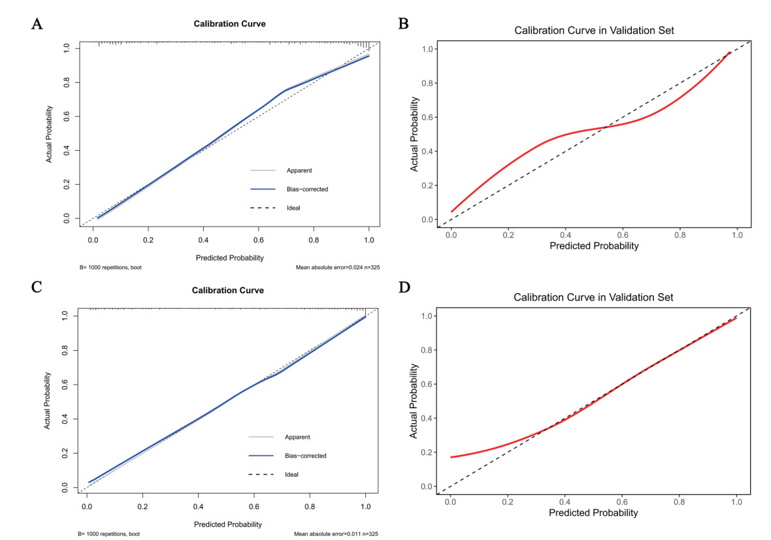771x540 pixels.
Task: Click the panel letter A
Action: click(38, 25)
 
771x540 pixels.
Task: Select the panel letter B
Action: click(404, 25)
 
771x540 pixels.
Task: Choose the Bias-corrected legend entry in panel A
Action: click(307, 189)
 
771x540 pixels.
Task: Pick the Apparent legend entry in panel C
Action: click(298, 437)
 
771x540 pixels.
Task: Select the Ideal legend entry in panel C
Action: click(292, 474)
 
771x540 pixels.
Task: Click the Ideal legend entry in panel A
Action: click(293, 208)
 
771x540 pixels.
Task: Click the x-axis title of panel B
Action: click(594, 246)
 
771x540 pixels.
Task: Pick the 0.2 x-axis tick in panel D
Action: click(508, 501)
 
